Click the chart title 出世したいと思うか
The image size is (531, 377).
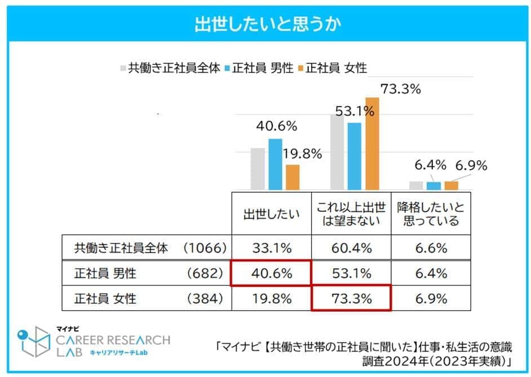265,25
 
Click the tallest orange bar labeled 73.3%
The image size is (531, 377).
373,144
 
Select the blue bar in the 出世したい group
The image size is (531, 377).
275,164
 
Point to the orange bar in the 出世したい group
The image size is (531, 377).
293,177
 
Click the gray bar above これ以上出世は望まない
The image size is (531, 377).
337,152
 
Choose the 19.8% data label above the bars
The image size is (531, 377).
304,153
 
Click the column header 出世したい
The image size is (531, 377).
271,214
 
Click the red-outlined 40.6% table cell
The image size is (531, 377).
271,273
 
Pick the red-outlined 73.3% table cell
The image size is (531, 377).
351,299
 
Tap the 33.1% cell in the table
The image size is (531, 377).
271,248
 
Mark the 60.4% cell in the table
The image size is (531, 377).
351,248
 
